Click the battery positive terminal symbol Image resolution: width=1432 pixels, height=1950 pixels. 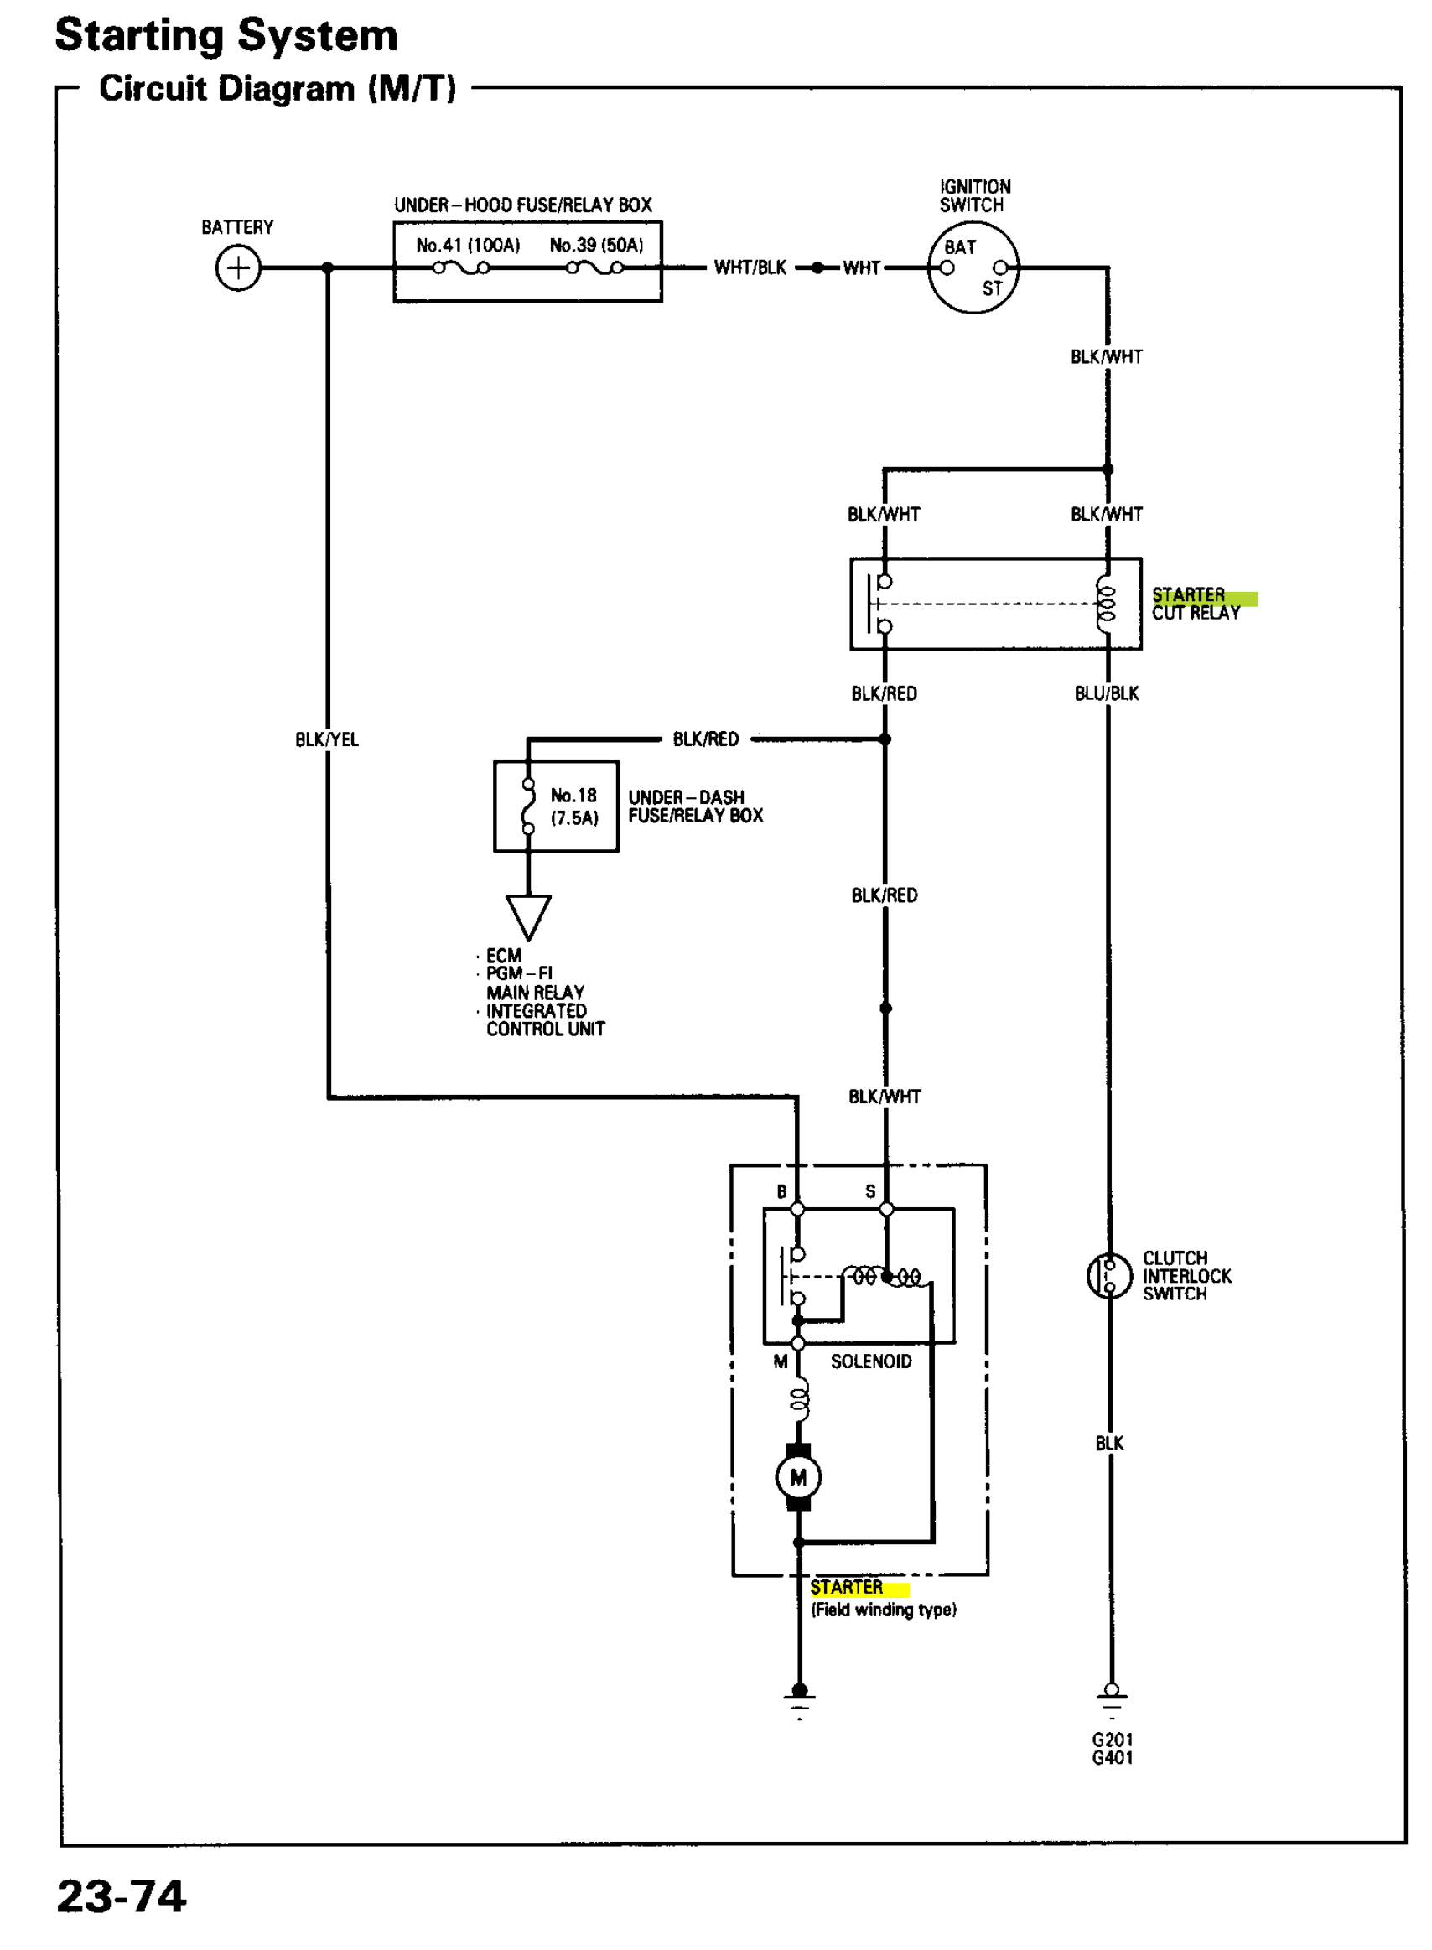tap(237, 267)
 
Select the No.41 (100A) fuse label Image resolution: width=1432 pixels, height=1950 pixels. tap(467, 246)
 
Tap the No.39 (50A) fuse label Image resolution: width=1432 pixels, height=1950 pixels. tap(596, 246)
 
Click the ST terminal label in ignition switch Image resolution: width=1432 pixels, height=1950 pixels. tap(992, 288)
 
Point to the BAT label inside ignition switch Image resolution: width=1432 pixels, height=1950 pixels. tap(960, 247)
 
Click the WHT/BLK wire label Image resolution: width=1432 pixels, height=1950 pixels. tap(750, 267)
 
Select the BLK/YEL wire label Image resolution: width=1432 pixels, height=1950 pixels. tap(326, 739)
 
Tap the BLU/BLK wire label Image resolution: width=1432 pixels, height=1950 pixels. tap(1106, 693)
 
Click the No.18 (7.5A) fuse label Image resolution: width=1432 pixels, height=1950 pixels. tap(573, 806)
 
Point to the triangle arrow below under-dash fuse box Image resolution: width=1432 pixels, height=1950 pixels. tap(528, 915)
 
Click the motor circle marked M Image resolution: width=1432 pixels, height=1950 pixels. tap(797, 1477)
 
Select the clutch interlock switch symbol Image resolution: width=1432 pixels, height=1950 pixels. tap(1108, 1276)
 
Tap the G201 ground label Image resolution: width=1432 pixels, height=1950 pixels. tap(1112, 1740)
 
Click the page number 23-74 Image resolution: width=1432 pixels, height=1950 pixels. tap(122, 1896)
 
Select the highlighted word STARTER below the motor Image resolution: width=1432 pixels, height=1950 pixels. tap(846, 1587)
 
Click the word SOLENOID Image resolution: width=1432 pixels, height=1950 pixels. tap(870, 1361)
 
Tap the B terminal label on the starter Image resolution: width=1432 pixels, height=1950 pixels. tap(781, 1191)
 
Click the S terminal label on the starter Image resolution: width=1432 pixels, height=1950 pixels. tap(870, 1191)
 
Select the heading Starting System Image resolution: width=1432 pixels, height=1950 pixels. tap(226, 36)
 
